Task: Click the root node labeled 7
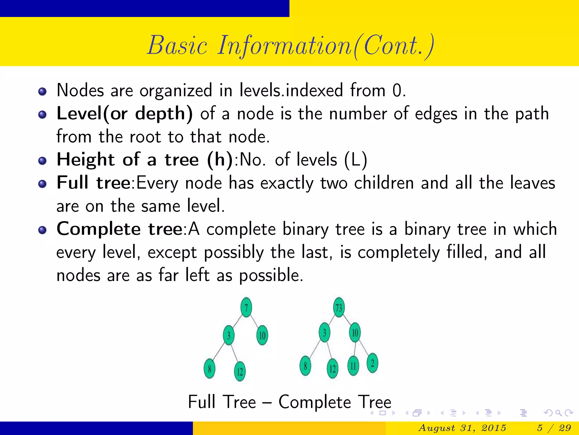[246, 307]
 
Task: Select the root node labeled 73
[339, 307]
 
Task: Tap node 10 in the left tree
[262, 335]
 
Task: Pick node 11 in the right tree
[353, 366]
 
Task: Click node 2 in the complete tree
[372, 363]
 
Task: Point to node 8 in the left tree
[209, 368]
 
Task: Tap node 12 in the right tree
[333, 368]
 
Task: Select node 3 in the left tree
[229, 335]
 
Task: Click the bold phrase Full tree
[93, 183]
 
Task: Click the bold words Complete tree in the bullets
[120, 229]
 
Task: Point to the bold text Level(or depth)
[125, 114]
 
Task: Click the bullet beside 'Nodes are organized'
[42, 91]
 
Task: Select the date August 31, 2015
[462, 428]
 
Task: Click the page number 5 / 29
[554, 428]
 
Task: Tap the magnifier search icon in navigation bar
[558, 413]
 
